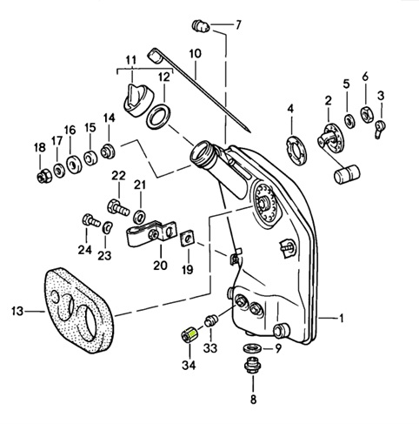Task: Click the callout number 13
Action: [x=17, y=312]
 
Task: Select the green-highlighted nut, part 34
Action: [x=190, y=335]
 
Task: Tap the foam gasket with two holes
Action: [x=79, y=310]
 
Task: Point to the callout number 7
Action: [x=238, y=25]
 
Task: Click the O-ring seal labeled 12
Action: [x=158, y=117]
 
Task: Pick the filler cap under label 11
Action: [x=138, y=101]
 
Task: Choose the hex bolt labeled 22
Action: [x=118, y=207]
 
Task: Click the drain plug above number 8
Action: [x=251, y=365]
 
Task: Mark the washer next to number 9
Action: [x=252, y=347]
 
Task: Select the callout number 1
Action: [x=341, y=319]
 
